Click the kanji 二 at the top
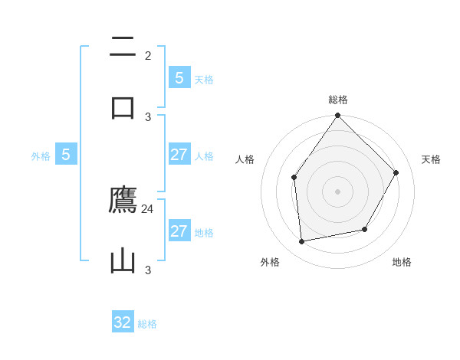click(x=123, y=47)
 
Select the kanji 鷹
click(x=123, y=201)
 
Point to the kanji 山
click(x=123, y=260)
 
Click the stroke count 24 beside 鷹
click(x=148, y=208)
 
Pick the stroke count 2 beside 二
click(x=148, y=55)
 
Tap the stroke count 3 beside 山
click(x=148, y=270)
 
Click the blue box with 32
click(x=123, y=322)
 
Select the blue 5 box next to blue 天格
click(x=179, y=77)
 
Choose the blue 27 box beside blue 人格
click(x=179, y=155)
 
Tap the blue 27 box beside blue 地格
click(x=179, y=231)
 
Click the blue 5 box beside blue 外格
click(x=66, y=155)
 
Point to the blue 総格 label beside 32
click(x=147, y=323)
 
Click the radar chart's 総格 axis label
click(x=338, y=100)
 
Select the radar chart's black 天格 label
click(x=431, y=159)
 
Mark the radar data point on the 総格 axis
click(x=338, y=116)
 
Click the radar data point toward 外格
click(x=302, y=241)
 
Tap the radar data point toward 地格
click(x=365, y=229)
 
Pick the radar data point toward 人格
click(x=294, y=178)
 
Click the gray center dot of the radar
click(x=338, y=191)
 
